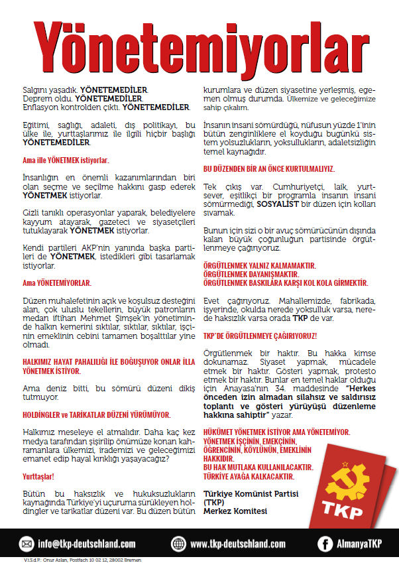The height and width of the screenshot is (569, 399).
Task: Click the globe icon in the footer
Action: [x=178, y=544]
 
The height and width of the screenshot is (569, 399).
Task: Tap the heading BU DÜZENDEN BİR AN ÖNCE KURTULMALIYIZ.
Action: [x=268, y=168]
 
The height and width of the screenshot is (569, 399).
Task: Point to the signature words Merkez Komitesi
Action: [x=236, y=511]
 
